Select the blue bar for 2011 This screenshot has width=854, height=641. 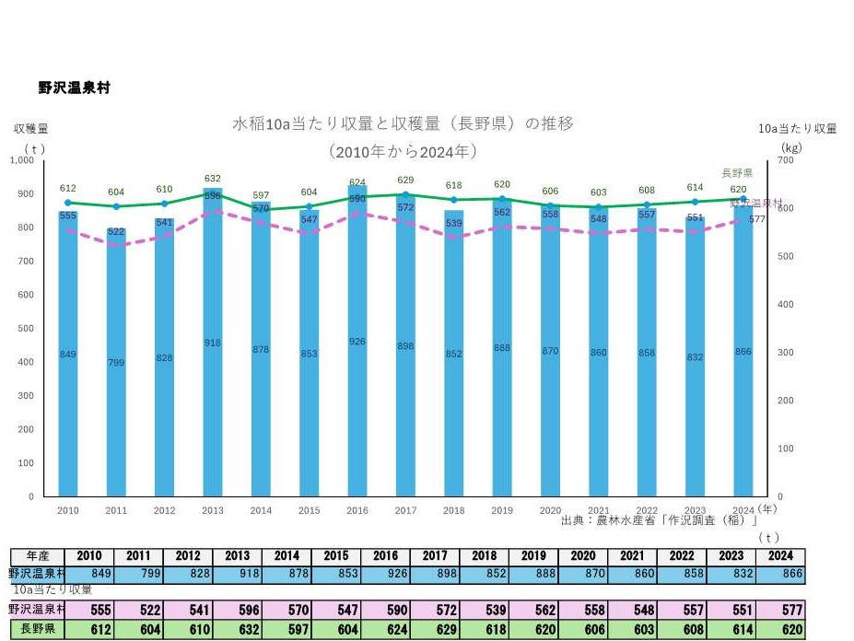[116, 387]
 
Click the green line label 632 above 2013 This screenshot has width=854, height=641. [213, 179]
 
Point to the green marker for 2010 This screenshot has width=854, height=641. [68, 203]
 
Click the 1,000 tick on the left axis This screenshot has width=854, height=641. [21, 160]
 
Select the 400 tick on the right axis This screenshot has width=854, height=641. [786, 304]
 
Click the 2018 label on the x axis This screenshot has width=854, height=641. [454, 509]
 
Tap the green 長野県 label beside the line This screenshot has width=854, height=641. [737, 173]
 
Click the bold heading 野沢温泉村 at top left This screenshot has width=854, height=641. [75, 87]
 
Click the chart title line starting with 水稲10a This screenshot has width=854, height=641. [403, 123]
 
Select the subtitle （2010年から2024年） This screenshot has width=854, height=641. [403, 150]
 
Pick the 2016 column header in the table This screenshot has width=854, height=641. [385, 556]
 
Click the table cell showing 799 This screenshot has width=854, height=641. [138, 574]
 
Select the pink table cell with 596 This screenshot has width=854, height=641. [237, 610]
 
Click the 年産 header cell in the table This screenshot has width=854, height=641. [38, 556]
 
